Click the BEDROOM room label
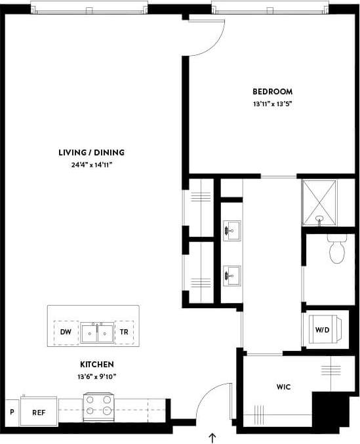272,92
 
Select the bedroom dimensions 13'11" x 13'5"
272,104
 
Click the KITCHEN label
98,364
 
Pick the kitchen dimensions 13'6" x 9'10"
98,376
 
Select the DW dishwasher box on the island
66,333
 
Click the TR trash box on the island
123,333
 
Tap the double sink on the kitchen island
96,333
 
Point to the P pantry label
12,413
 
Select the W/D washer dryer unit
323,330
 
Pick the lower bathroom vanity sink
231,275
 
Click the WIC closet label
283,387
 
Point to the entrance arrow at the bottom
212,436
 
